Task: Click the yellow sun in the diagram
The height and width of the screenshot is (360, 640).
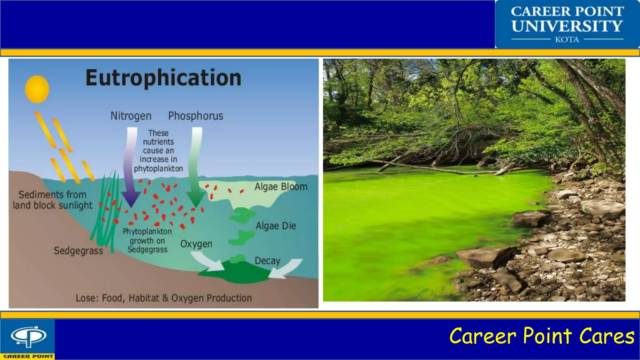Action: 37,89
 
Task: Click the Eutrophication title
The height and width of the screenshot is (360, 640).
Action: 163,78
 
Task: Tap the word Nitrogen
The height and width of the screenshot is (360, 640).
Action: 131,116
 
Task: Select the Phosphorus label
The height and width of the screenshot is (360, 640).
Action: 196,116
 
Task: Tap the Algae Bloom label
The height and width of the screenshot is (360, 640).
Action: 281,187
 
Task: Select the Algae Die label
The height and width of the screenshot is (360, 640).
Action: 276,226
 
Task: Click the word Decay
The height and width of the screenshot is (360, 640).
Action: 267,261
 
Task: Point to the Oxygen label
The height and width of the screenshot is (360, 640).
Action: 196,244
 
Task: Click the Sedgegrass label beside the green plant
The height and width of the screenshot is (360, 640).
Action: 78,251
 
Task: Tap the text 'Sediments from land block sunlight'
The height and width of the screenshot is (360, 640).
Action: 52,200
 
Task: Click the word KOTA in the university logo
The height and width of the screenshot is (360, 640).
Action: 567,40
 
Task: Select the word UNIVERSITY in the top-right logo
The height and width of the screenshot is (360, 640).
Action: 567,26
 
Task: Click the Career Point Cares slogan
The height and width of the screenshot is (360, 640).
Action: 542,336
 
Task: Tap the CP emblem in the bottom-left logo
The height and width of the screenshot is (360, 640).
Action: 28,336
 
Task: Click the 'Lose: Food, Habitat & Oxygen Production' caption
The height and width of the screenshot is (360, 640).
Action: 163,298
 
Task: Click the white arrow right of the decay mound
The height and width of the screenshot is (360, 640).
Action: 286,268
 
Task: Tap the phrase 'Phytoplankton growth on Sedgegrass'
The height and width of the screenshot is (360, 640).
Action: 147,241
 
